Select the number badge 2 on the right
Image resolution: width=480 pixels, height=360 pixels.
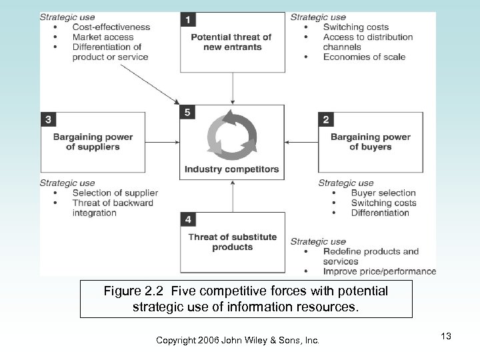(325, 119)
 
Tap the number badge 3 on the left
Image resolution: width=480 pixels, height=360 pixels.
(48, 119)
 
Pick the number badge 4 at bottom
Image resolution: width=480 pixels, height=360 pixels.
(188, 219)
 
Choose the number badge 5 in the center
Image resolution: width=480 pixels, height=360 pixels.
(188, 113)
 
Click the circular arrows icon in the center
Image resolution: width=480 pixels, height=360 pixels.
(232, 137)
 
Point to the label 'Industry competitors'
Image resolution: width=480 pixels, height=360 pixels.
(233, 169)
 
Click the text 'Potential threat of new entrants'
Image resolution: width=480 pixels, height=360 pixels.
(232, 43)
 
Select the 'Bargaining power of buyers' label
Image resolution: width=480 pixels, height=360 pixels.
(371, 142)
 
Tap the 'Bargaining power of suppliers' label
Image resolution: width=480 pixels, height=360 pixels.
(93, 142)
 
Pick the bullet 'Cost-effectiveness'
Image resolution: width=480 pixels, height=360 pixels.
(111, 27)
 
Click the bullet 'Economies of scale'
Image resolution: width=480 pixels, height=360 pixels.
(364, 57)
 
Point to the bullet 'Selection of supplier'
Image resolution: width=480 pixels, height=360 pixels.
(115, 193)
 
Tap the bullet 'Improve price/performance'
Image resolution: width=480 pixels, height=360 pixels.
(379, 271)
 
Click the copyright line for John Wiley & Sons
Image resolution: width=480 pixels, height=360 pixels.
(237, 341)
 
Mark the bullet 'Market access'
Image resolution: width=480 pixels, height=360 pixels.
(103, 37)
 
